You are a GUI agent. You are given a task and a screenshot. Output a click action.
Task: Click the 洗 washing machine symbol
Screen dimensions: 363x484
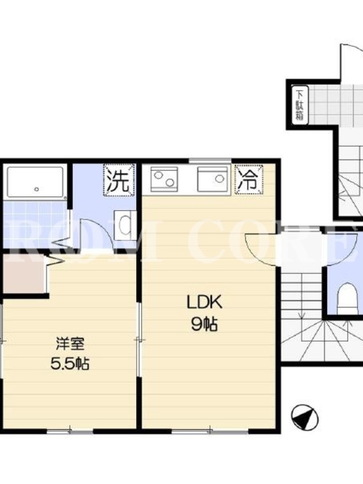[x=119, y=180]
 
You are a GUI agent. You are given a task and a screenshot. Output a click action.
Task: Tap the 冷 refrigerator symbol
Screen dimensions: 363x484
[x=249, y=180]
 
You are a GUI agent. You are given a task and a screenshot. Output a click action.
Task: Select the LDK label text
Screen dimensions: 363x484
[x=204, y=302]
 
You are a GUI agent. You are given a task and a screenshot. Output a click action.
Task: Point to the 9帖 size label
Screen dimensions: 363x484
[x=204, y=324]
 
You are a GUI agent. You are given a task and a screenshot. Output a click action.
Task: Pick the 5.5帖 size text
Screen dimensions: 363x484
[x=70, y=364]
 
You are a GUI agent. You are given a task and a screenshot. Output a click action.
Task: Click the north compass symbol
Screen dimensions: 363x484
[x=305, y=417]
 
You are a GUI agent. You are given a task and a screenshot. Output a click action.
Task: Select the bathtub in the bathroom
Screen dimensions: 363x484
[x=36, y=182]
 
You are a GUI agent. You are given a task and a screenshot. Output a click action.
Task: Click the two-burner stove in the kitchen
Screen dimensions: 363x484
[x=164, y=178]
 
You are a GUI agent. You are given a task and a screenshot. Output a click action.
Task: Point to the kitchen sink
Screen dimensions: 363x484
[x=212, y=178]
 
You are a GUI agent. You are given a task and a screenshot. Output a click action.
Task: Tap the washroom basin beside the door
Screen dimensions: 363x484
[x=125, y=225]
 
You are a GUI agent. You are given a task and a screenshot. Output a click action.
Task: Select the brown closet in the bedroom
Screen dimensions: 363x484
[x=24, y=273]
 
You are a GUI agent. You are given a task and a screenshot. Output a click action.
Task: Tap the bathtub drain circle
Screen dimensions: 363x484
[x=37, y=189]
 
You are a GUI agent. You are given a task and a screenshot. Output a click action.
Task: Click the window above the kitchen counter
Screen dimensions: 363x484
[x=210, y=160]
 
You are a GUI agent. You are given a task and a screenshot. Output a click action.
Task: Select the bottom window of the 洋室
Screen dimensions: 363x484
[x=70, y=431]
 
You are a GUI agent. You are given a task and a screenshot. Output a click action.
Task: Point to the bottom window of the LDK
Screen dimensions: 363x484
[x=210, y=431]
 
